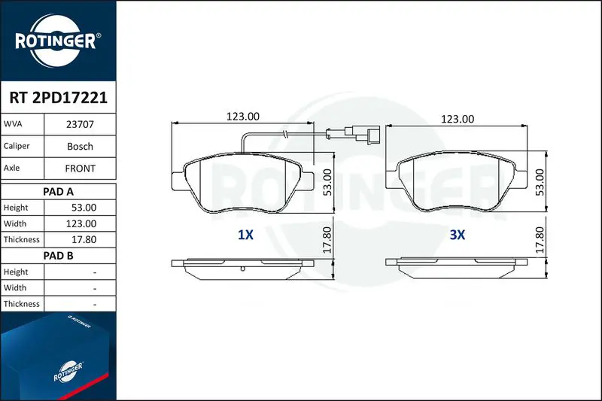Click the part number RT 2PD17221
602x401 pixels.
(x=59, y=98)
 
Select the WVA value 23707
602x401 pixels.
(x=80, y=124)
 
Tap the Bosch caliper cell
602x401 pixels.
(x=80, y=146)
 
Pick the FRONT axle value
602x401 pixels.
(x=80, y=168)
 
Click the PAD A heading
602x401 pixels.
(x=58, y=192)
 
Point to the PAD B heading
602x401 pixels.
(x=58, y=256)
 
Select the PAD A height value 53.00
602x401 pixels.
(x=84, y=208)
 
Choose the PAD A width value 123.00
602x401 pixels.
(x=81, y=223)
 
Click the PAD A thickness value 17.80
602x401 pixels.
(x=84, y=239)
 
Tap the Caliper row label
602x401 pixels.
(x=17, y=146)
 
